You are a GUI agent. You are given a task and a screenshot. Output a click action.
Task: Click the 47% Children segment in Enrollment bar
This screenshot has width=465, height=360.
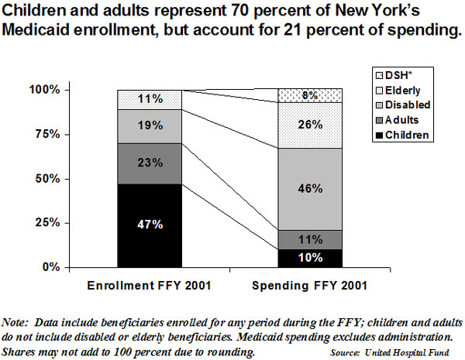click(150, 225)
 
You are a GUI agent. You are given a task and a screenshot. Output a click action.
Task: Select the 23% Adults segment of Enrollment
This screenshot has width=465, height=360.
click(150, 163)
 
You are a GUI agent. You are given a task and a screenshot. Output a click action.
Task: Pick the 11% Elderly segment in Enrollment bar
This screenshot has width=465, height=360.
click(150, 100)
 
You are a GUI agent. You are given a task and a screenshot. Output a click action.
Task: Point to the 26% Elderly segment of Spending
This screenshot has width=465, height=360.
click(310, 125)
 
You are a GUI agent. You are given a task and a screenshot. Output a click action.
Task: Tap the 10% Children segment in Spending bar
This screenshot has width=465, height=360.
click(310, 258)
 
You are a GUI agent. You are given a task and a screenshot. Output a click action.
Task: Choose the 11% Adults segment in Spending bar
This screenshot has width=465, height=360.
click(310, 239)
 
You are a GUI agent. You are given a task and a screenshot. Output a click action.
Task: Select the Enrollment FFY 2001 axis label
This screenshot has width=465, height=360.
click(150, 285)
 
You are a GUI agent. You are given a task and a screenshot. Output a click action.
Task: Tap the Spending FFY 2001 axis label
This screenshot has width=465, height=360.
click(310, 285)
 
